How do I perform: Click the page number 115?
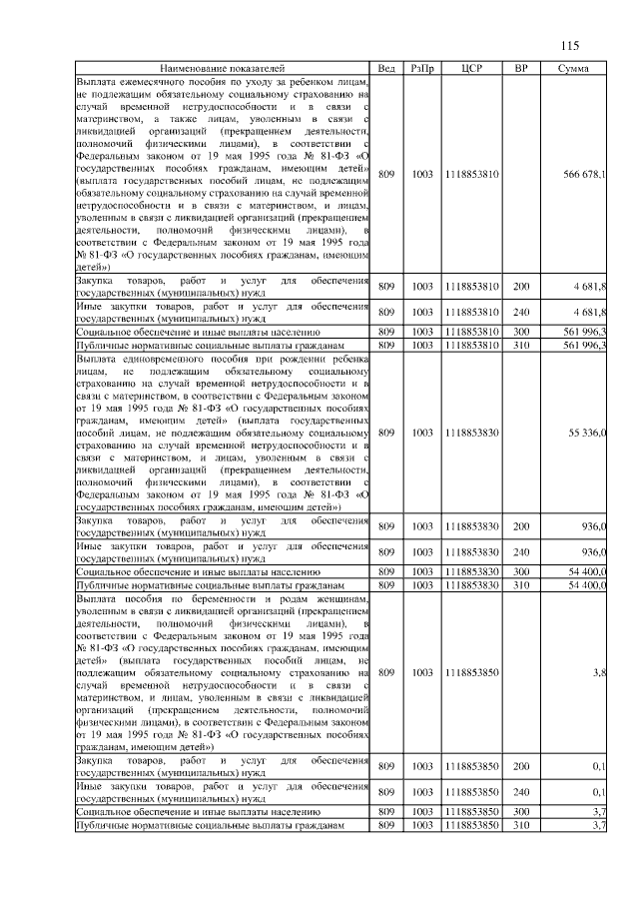click(x=570, y=45)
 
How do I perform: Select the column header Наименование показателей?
click(x=222, y=67)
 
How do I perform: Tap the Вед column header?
click(x=387, y=67)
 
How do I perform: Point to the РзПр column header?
click(x=421, y=67)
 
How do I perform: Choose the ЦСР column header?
click(x=473, y=67)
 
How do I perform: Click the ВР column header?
click(x=520, y=67)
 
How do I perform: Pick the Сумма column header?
click(x=573, y=67)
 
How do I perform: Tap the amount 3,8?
click(x=599, y=673)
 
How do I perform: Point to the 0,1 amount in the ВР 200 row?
click(x=599, y=766)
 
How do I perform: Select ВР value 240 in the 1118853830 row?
click(x=520, y=552)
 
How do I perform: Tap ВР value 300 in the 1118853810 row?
click(x=520, y=331)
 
